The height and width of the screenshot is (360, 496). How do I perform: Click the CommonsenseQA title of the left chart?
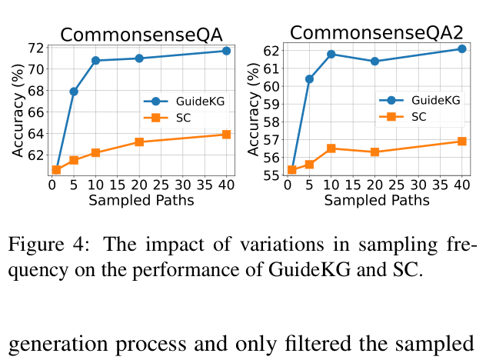tap(141, 35)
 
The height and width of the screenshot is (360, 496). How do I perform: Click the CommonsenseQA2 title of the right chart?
tap(377, 33)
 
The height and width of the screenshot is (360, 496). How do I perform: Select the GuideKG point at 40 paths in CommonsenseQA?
tap(226, 51)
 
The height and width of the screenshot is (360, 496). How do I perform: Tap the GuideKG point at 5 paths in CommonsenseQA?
tap(74, 92)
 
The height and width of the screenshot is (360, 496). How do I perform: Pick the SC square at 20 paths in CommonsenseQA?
tap(139, 142)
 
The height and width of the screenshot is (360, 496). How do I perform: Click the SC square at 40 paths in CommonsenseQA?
tap(226, 135)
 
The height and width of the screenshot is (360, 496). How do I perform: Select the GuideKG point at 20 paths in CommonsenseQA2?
tap(374, 61)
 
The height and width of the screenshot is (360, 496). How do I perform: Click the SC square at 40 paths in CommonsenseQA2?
tap(462, 141)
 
